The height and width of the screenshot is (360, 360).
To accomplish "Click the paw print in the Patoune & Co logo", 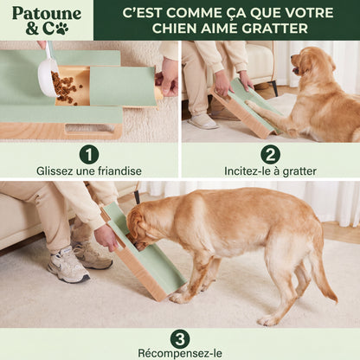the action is (x=62, y=29).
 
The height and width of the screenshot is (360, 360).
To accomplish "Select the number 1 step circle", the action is (x=89, y=155).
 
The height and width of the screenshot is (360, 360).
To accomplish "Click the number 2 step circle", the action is (x=270, y=155).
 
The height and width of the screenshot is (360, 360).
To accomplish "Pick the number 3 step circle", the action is (x=180, y=339).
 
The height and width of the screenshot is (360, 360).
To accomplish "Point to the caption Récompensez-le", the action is (x=180, y=353).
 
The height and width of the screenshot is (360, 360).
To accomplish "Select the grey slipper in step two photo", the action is (x=202, y=121).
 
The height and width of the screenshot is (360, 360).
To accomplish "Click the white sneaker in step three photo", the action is (x=68, y=266).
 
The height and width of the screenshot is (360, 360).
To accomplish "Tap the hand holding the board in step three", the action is (x=106, y=237).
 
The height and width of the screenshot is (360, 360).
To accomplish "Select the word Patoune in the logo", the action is (x=47, y=14).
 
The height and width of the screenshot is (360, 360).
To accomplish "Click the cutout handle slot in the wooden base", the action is (x=89, y=129).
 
